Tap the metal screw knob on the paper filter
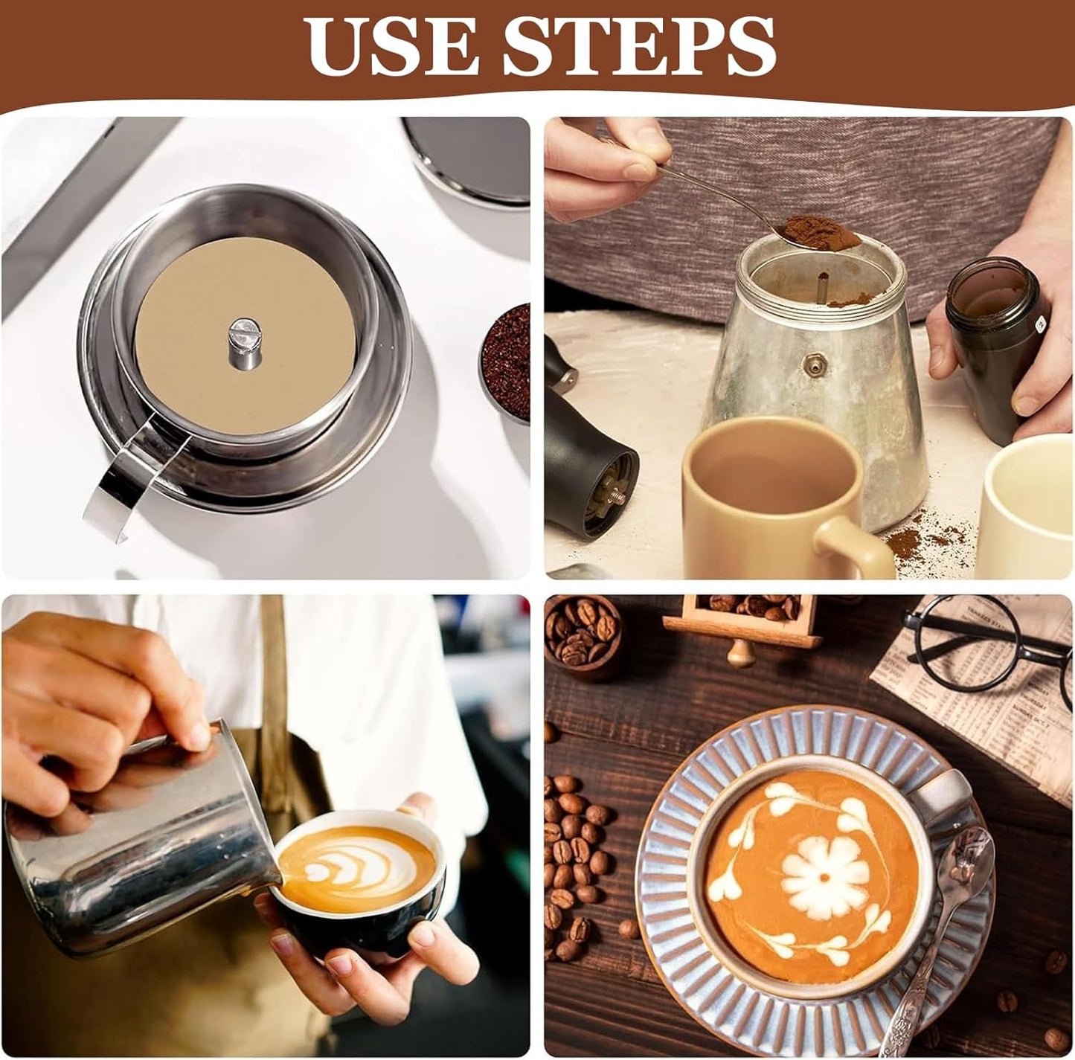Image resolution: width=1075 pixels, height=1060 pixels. tap(244, 342)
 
